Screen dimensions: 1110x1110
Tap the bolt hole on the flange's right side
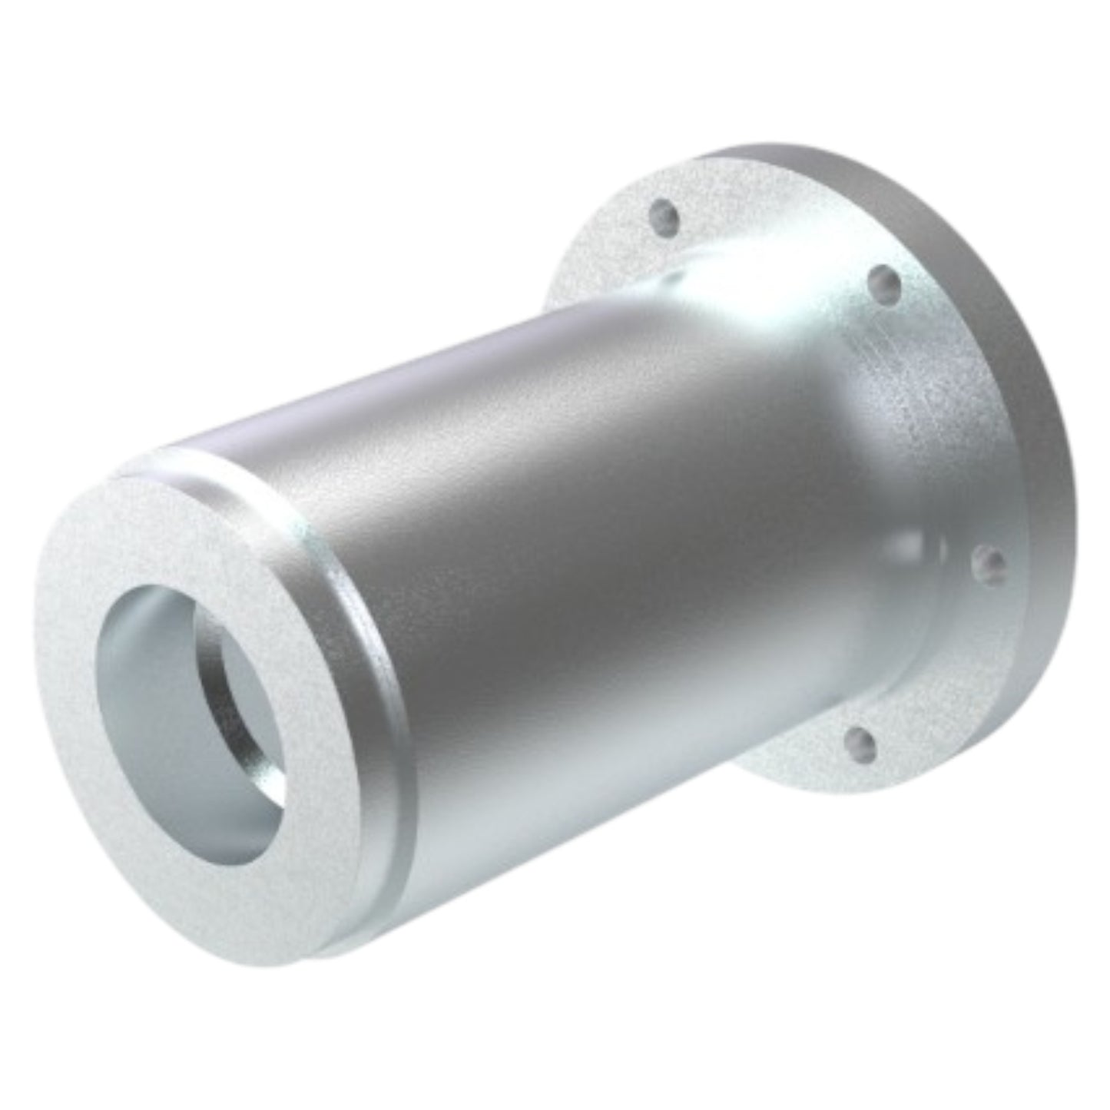pyautogui.click(x=979, y=564)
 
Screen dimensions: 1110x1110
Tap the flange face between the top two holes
pyautogui.click(x=776, y=230)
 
